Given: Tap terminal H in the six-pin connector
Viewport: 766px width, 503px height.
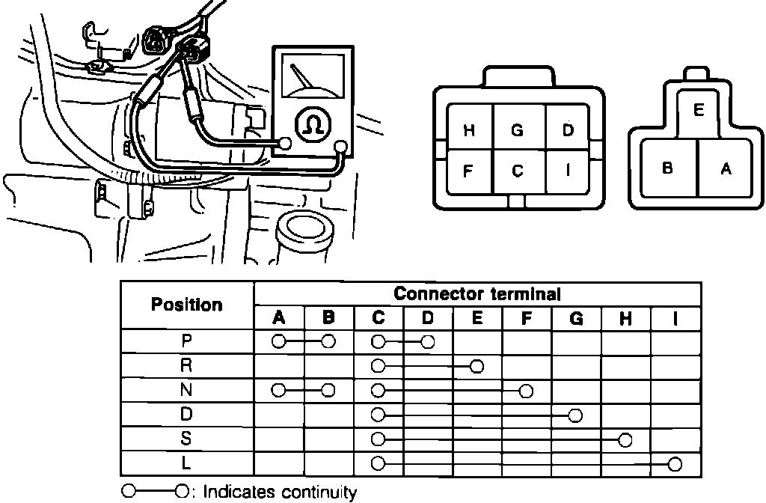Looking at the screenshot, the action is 469,130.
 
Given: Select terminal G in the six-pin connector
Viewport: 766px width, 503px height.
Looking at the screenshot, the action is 518,129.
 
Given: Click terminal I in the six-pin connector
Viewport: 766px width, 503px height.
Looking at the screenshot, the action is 569,170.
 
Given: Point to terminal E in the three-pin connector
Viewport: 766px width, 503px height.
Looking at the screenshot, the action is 699,110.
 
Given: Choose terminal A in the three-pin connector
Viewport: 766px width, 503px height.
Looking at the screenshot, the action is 725,168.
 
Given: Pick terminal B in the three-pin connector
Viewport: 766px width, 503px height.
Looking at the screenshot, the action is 667,168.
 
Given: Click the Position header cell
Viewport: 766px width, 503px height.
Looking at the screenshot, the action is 187,305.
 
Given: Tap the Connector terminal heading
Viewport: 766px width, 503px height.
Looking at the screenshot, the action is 477,293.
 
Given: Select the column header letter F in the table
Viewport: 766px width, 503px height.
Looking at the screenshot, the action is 527,318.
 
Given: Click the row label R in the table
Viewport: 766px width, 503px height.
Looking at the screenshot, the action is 187,366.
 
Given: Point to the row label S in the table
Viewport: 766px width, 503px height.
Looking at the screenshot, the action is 187,439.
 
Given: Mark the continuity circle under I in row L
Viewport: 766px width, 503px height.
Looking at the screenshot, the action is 675,464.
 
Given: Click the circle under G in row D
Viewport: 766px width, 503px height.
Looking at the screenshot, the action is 575,415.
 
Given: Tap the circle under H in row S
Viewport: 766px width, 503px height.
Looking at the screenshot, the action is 625,439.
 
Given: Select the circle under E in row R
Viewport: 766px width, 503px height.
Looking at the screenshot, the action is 477,366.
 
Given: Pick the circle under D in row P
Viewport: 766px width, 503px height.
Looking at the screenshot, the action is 427,341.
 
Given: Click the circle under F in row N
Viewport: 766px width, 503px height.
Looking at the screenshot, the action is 527,390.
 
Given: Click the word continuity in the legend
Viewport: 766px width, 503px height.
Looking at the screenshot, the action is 319,492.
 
